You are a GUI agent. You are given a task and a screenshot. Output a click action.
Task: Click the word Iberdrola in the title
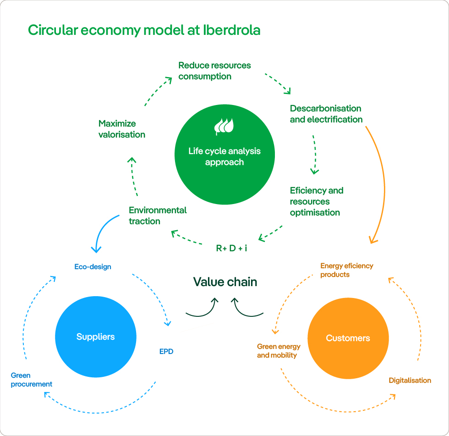pyautogui.click(x=231, y=30)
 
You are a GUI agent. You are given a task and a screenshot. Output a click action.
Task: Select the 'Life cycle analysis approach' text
pyautogui.click(x=224, y=156)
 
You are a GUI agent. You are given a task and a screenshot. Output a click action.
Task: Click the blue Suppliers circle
pyautogui.click(x=95, y=337)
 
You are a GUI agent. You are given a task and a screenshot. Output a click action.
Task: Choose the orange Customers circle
pyautogui.click(x=348, y=338)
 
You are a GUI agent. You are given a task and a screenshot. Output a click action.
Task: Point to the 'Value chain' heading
pyautogui.click(x=225, y=282)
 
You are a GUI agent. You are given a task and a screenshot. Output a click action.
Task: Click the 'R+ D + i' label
pyautogui.click(x=231, y=248)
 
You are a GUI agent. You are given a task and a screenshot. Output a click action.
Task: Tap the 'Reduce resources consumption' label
pyautogui.click(x=214, y=71)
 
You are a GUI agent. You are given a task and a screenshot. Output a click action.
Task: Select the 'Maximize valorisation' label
pyautogui.click(x=121, y=129)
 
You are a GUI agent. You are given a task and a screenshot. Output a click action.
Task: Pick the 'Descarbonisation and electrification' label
pyautogui.click(x=326, y=114)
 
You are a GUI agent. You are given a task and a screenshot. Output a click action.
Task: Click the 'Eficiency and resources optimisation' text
pyautogui.click(x=316, y=201)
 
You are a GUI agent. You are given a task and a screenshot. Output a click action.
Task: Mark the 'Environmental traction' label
pyautogui.click(x=158, y=215)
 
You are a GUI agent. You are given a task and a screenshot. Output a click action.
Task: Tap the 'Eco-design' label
pyautogui.click(x=93, y=266)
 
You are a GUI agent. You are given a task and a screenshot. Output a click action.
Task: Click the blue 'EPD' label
pyautogui.click(x=166, y=352)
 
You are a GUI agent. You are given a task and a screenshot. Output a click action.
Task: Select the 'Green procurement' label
pyautogui.click(x=31, y=380)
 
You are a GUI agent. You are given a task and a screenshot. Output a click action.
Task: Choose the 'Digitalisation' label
pyautogui.click(x=410, y=380)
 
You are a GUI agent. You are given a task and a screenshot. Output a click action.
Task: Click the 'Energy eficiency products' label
pyautogui.click(x=346, y=270)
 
